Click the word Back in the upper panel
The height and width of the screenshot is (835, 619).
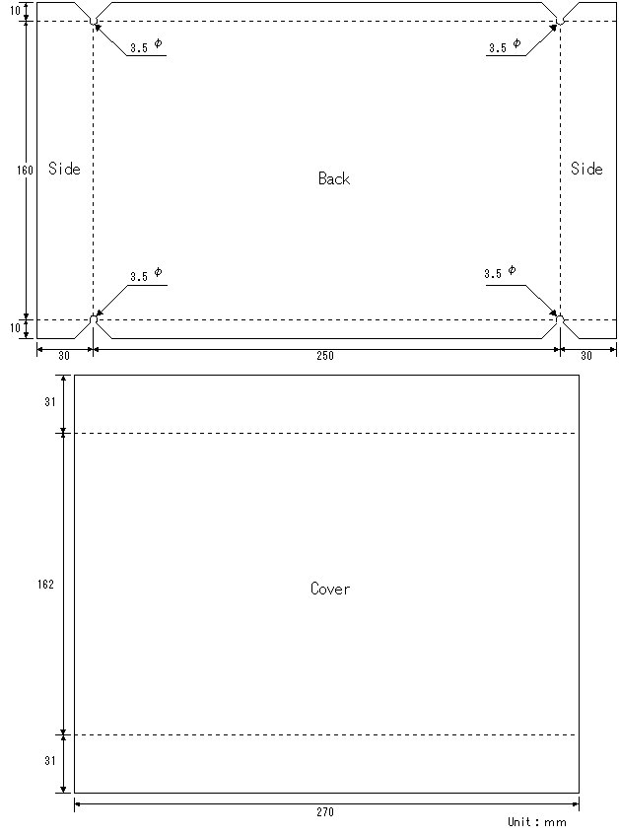click(x=334, y=178)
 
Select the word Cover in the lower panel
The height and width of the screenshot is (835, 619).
click(x=330, y=589)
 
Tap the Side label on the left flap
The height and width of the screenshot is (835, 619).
click(x=64, y=169)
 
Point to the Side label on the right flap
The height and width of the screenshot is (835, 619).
click(x=586, y=169)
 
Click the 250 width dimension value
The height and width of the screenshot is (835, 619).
click(x=325, y=356)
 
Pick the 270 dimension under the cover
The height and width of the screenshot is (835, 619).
click(x=325, y=812)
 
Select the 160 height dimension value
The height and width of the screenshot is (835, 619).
click(x=25, y=171)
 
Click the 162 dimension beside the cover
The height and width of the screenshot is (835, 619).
click(x=45, y=585)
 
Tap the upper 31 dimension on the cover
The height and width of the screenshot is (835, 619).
click(x=50, y=402)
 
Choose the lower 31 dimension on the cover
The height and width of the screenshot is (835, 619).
click(x=50, y=761)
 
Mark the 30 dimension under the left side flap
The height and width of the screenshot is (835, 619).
click(x=64, y=356)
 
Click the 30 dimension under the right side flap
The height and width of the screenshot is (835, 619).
click(x=586, y=356)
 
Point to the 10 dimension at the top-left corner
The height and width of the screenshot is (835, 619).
click(x=15, y=10)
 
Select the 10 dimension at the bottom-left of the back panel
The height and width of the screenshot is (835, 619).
click(x=15, y=328)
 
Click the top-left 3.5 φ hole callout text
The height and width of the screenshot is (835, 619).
click(x=146, y=45)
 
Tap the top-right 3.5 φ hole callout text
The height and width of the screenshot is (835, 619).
click(x=505, y=45)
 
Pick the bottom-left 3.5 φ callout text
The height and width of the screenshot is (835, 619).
click(x=146, y=275)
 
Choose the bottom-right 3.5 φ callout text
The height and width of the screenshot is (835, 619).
click(x=500, y=272)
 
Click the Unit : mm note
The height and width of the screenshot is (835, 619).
click(x=537, y=822)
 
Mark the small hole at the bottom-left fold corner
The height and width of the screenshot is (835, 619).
click(x=94, y=319)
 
